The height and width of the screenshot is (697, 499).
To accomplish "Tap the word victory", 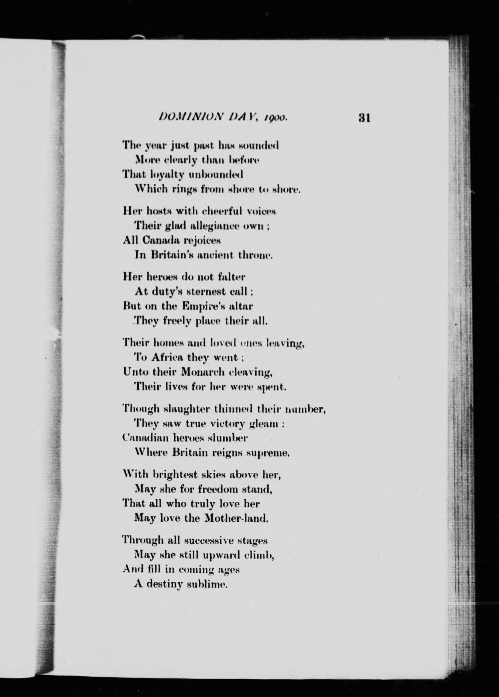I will coord(227,424).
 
